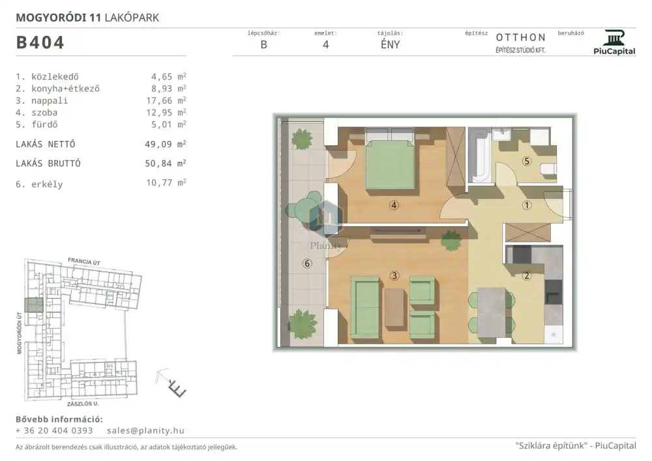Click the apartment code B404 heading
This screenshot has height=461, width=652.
pyautogui.click(x=40, y=42)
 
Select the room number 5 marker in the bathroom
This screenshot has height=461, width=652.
pyautogui.click(x=527, y=161)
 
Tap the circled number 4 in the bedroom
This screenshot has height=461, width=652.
pyautogui.click(x=394, y=205)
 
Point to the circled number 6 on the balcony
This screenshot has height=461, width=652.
pyautogui.click(x=307, y=263)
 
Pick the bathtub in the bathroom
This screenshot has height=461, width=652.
pyautogui.click(x=480, y=155)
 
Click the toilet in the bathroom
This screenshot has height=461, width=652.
pyautogui.click(x=548, y=170)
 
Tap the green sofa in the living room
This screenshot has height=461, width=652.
pyautogui.click(x=365, y=308)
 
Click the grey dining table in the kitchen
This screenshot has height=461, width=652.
pyautogui.click(x=492, y=312)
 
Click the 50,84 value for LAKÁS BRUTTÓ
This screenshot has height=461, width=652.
pyautogui.click(x=158, y=164)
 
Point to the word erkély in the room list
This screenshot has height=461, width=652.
pyautogui.click(x=47, y=184)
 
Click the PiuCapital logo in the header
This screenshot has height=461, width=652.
pyautogui.click(x=614, y=42)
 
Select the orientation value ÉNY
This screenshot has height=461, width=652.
pyautogui.click(x=390, y=44)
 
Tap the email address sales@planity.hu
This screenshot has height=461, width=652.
pyautogui.click(x=145, y=430)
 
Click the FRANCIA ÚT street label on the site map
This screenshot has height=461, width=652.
pyautogui.click(x=84, y=261)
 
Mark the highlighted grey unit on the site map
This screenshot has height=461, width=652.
pyautogui.click(x=34, y=305)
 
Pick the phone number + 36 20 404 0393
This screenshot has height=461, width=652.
pyautogui.click(x=54, y=430)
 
